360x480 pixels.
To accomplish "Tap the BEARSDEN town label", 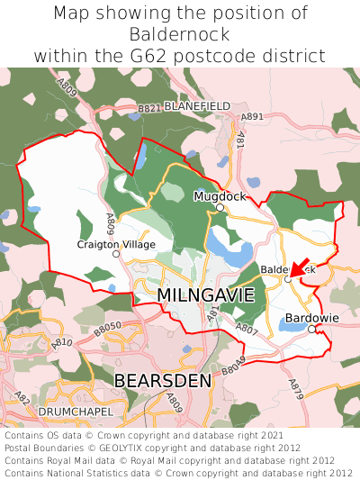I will pos(163,381).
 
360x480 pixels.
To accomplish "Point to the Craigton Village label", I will pos(116,244).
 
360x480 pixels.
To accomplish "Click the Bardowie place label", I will pos(312,318).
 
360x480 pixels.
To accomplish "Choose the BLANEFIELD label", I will pos(198,105).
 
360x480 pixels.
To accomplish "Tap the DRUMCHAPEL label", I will pos(76,412).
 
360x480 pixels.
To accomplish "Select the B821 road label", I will pos(148,108).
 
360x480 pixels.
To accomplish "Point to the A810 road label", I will pos(62,343).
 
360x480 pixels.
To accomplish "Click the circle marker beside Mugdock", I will pos(220,207).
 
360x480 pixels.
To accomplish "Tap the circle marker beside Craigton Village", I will pos(115,254).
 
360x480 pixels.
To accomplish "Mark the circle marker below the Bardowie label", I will pos(311,330).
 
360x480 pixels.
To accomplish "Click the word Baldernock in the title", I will pos(180,34).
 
